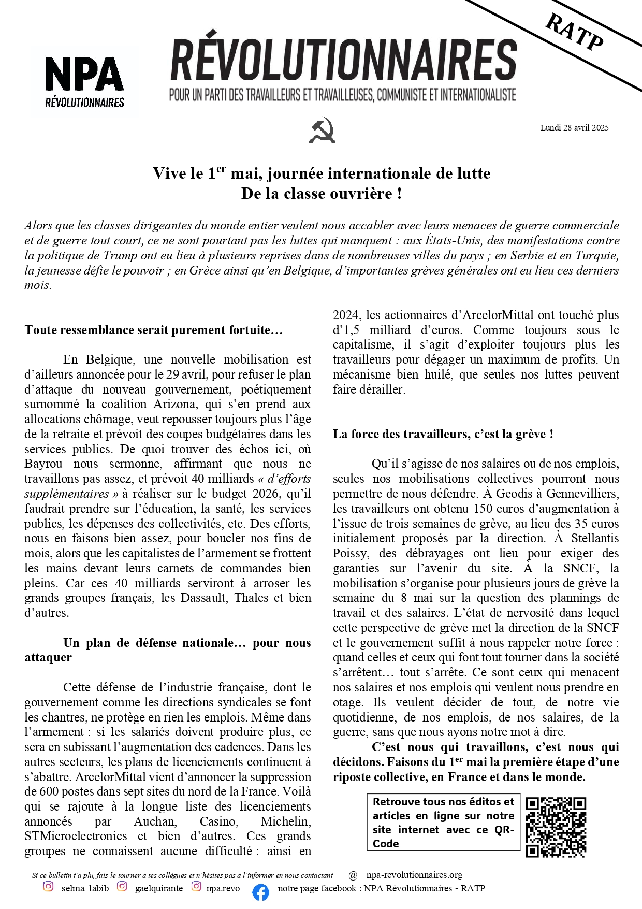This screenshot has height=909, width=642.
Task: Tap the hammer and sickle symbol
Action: (x=322, y=130)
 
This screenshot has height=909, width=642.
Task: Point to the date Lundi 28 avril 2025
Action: (x=574, y=128)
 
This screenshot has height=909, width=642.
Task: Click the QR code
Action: (x=556, y=827)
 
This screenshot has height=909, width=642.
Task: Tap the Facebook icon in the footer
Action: (x=260, y=891)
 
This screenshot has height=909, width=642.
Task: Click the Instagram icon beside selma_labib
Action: (x=48, y=886)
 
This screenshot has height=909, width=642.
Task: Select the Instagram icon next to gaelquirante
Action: (x=122, y=886)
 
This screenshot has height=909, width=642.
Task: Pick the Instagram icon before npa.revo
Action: (x=196, y=886)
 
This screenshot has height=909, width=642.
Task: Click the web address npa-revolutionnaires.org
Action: (x=414, y=875)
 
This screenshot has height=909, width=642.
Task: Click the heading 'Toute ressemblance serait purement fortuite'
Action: (x=153, y=330)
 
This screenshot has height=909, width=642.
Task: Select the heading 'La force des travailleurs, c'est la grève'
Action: (x=443, y=434)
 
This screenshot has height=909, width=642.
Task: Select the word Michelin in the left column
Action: (x=286, y=821)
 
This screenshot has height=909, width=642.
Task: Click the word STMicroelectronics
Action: (x=76, y=836)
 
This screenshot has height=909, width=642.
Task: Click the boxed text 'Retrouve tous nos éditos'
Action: (x=443, y=822)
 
